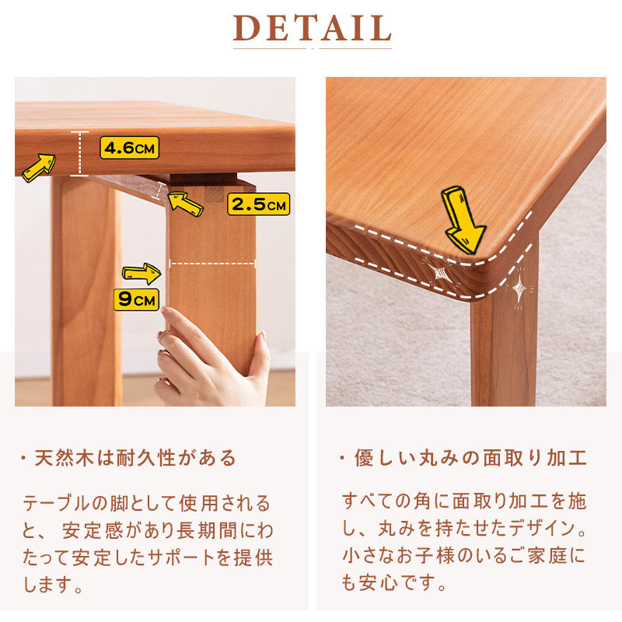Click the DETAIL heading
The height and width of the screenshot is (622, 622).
pos(313,28)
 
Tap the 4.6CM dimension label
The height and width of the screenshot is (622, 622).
pos(129,148)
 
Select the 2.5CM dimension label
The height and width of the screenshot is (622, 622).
pos(259,204)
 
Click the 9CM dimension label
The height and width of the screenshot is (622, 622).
pos(137,299)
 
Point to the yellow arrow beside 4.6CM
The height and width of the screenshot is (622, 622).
pos(39,168)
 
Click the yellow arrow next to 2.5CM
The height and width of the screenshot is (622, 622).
pos(185,203)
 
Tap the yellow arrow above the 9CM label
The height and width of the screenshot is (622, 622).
pos(142,274)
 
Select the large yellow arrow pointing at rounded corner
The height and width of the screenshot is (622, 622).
pos(463,220)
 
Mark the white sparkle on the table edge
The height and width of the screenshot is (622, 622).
pos(439,274)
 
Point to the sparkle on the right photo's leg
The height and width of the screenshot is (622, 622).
pos(519,288)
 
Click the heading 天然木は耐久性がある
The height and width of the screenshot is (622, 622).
pos(135,458)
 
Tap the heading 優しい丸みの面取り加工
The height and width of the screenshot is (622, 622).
pos(470,458)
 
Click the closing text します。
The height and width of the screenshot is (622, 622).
pos(53,585)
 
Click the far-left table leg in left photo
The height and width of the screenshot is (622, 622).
pos(86,291)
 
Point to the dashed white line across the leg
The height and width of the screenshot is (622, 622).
pos(212,264)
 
